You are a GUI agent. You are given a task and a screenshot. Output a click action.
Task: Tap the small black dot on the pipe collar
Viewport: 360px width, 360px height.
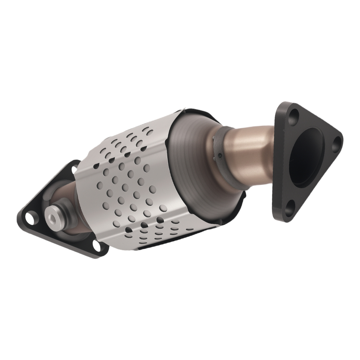tap(219, 156)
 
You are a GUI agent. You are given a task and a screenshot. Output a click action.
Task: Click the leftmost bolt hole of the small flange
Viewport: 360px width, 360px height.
tap(29, 217)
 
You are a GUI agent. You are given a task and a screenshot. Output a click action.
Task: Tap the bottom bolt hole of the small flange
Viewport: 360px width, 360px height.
tap(96, 246)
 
